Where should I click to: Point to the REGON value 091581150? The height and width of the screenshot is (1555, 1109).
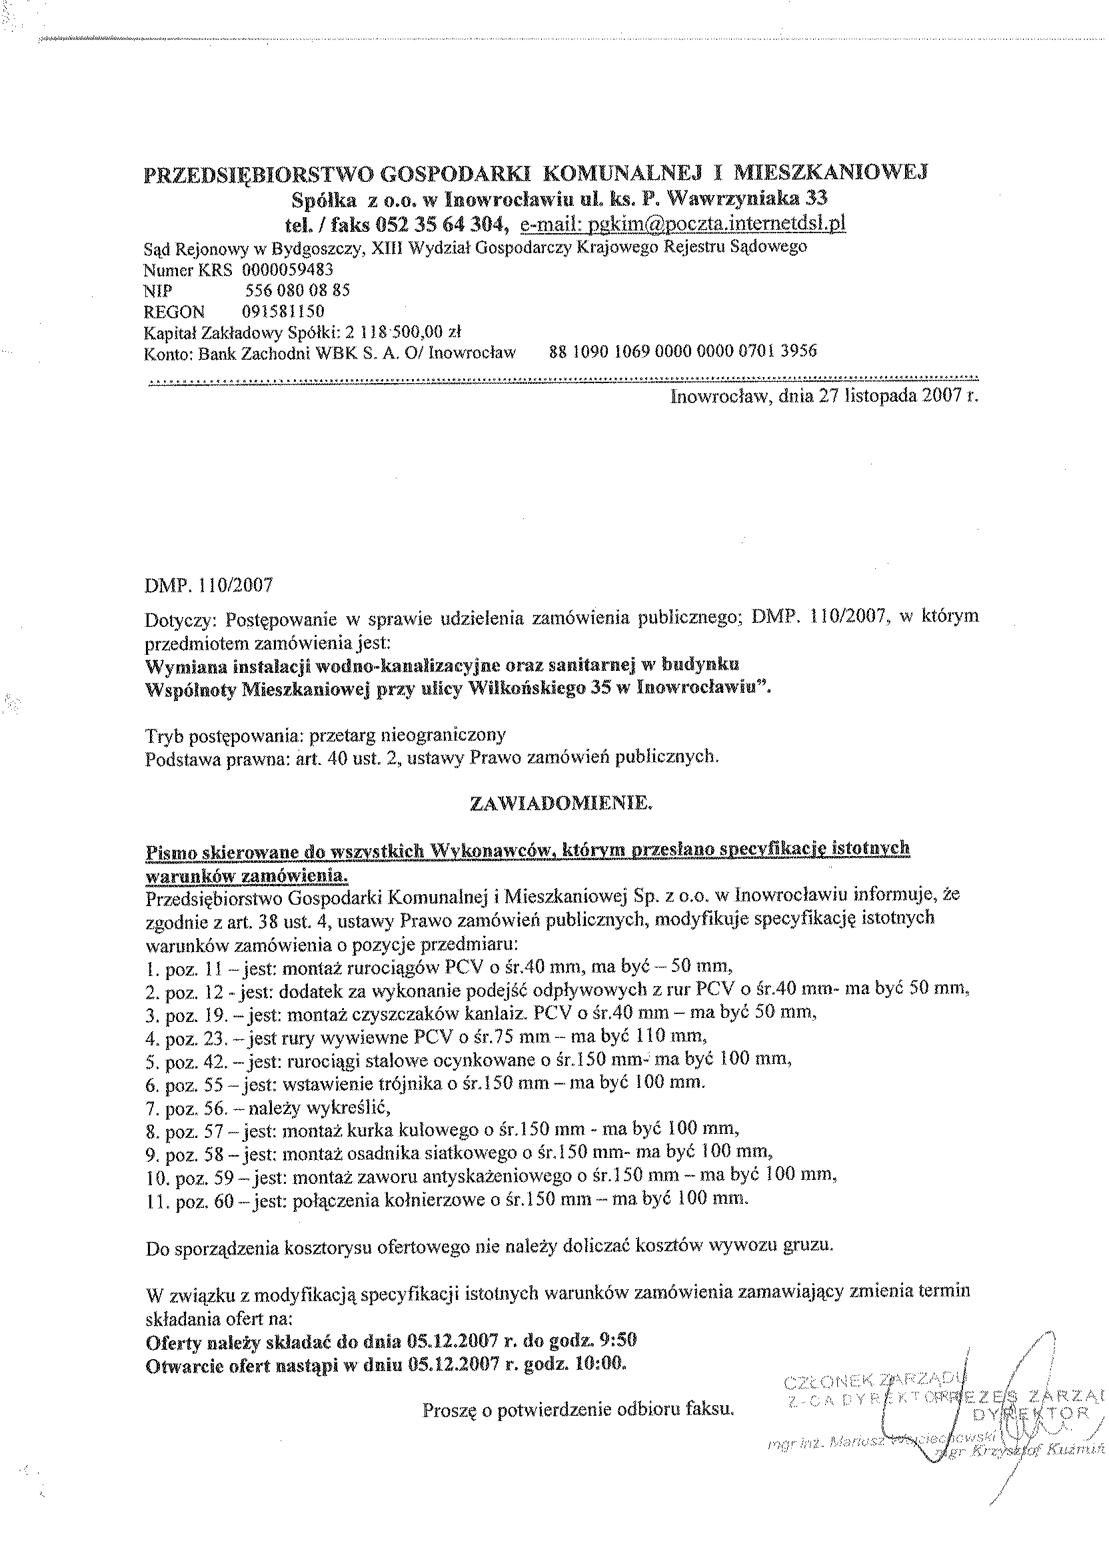pos(283,312)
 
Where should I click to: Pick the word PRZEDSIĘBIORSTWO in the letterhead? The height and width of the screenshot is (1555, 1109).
pos(259,175)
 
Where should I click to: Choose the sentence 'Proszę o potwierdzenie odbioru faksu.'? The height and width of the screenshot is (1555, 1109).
pos(578,1409)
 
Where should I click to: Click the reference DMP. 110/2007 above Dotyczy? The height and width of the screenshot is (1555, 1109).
pos(209,585)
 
